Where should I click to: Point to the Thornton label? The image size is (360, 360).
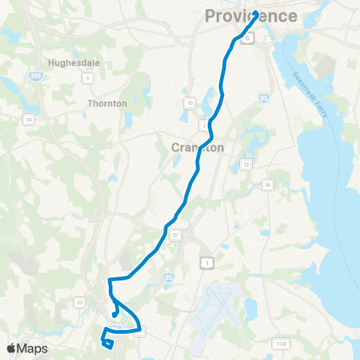(107, 103)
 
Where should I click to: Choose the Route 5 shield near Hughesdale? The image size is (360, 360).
(88, 78)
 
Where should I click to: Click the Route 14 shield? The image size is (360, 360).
(28, 119)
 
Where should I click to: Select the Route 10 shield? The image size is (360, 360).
(190, 103)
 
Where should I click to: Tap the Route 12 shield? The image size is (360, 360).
(245, 163)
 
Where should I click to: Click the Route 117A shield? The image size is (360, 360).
(280, 344)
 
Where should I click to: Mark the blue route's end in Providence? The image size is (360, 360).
(256, 13)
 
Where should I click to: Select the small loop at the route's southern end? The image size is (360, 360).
(106, 343)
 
